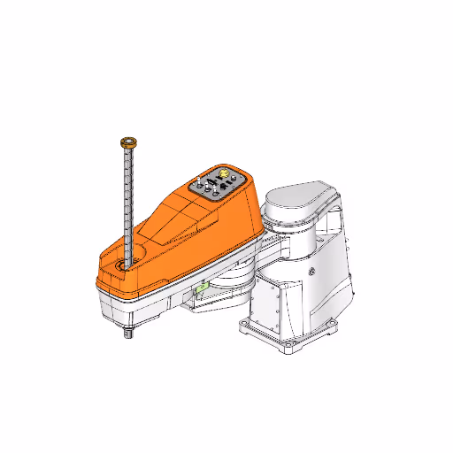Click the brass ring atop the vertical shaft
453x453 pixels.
click(128, 141)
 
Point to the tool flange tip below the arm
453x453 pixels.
click(129, 334)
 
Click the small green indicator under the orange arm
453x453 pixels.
click(202, 286)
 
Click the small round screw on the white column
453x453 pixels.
click(311, 271)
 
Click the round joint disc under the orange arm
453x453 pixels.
click(232, 283)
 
